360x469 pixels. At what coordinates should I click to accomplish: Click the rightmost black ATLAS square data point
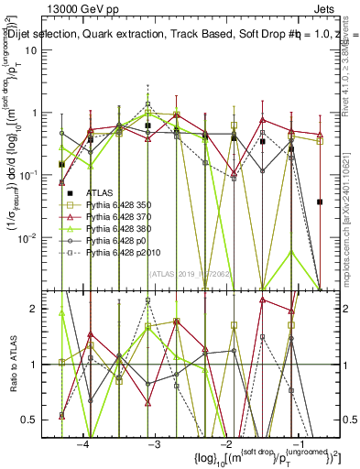pyautogui.click(x=320, y=202)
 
